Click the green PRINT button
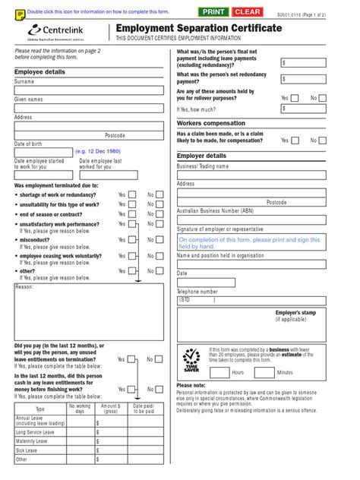[213, 12]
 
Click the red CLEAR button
[247, 12]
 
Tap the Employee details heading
[39, 71]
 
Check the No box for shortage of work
[160, 194]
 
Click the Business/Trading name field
[251, 175]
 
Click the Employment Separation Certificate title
[198, 29]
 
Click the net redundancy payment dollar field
[305, 79]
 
